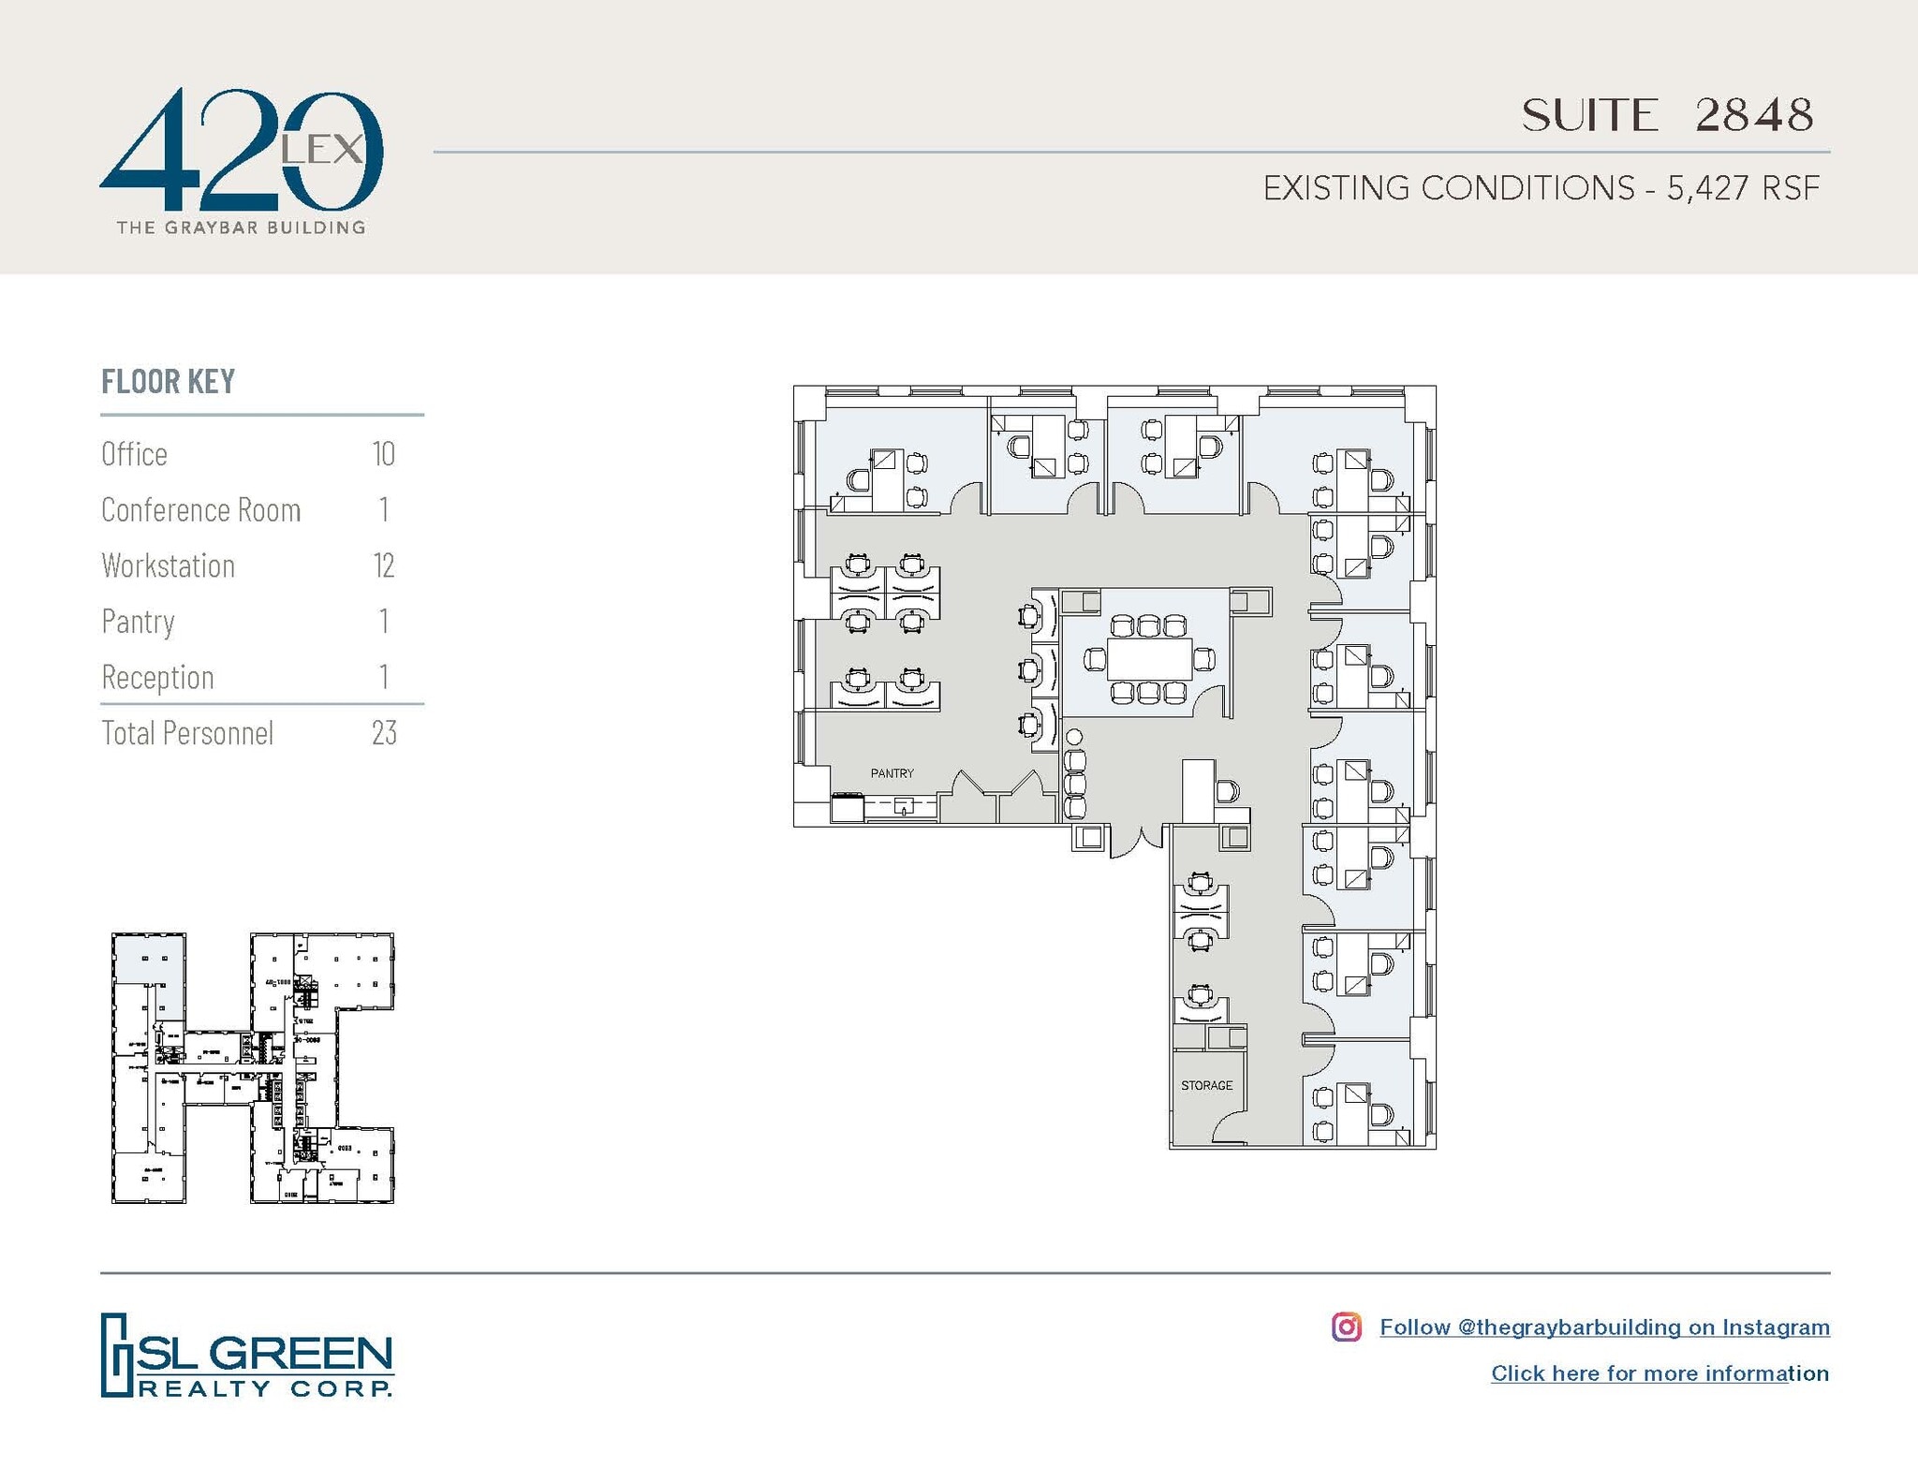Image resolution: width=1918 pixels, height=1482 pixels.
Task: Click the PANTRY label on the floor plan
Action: tap(892, 773)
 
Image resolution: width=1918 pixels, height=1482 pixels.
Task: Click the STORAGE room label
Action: tap(1206, 1085)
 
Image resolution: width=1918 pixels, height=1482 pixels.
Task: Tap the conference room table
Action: tap(1149, 659)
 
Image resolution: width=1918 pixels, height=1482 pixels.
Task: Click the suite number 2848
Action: tap(1753, 115)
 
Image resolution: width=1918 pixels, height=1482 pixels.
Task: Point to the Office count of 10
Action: tap(383, 454)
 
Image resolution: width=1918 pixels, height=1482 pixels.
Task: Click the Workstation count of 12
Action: tap(383, 565)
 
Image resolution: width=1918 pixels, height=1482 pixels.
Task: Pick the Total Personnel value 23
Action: tap(384, 733)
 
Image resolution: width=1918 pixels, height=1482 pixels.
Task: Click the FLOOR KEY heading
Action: tap(168, 382)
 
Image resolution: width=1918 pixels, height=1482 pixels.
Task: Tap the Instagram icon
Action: tap(1346, 1327)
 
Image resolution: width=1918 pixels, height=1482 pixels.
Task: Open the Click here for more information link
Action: tap(1659, 1373)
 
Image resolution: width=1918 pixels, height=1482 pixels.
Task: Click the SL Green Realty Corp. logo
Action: tap(246, 1356)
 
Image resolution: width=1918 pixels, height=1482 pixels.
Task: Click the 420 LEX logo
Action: tap(241, 159)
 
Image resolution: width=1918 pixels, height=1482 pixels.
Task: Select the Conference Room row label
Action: tap(200, 510)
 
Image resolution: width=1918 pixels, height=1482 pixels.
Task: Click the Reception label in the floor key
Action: tap(157, 677)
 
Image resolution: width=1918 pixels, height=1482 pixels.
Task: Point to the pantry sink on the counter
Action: tap(904, 805)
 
